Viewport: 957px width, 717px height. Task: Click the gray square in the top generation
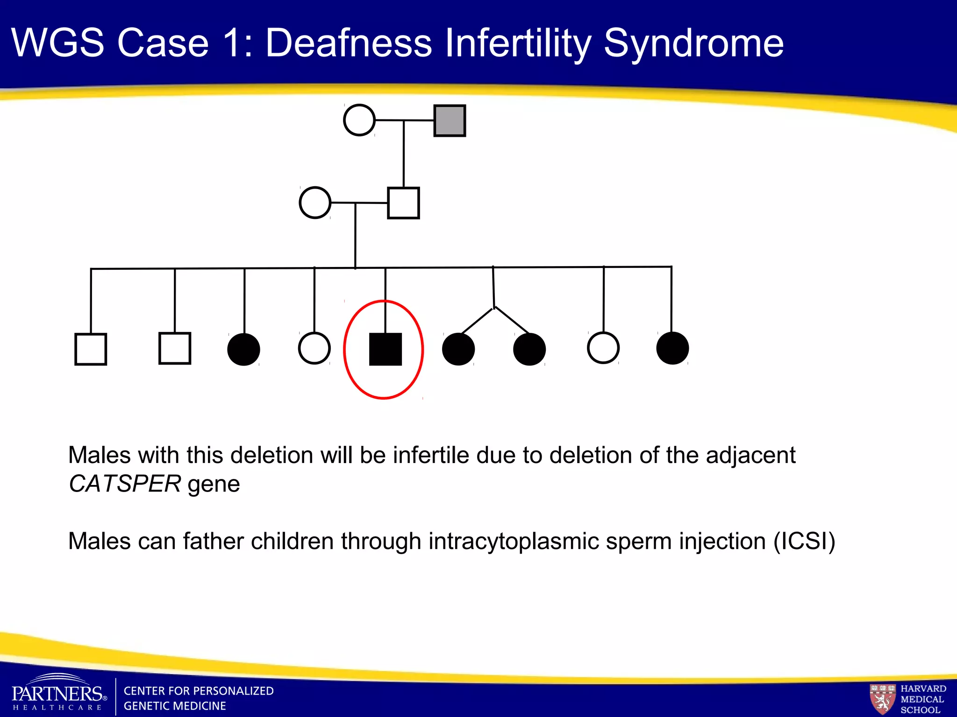[x=450, y=121]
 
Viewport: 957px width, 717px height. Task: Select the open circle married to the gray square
[x=359, y=120]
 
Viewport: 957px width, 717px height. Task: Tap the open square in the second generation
[x=403, y=203]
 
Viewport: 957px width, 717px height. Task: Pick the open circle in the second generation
[x=315, y=203]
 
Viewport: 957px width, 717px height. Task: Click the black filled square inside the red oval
[x=386, y=349]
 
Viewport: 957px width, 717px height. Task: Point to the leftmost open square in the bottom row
[x=91, y=349]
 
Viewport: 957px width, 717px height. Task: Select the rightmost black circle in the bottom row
[x=672, y=348]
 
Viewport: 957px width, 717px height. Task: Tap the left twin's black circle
[x=458, y=349]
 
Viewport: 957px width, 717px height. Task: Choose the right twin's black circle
[x=529, y=349]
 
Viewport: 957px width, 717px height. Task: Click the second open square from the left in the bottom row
[x=175, y=348]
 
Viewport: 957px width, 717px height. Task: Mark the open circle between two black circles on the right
[x=603, y=348]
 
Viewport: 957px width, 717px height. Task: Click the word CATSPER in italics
[x=125, y=484]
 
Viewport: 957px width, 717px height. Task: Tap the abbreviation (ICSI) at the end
[x=804, y=541]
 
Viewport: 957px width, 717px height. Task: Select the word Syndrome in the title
[x=693, y=43]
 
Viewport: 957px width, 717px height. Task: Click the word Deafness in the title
[x=349, y=43]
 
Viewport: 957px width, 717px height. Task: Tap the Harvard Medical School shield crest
[x=882, y=698]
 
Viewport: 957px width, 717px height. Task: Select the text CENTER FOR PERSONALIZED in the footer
[x=199, y=691]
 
